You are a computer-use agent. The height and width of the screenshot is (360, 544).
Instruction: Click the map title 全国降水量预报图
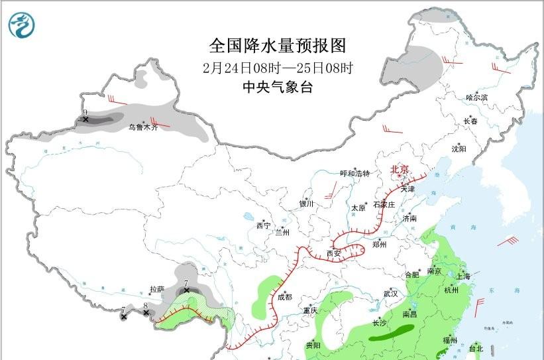pos(278,46)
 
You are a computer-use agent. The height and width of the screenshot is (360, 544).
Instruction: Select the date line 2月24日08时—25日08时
pos(278,68)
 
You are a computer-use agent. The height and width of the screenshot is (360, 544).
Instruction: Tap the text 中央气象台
pos(277,88)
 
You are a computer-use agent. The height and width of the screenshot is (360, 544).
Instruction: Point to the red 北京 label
pos(400,169)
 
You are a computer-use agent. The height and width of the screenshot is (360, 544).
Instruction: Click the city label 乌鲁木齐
pos(143,127)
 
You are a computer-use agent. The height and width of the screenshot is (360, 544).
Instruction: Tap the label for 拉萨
pos(156,290)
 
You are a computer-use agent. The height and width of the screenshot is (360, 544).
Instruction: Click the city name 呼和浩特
pos(354,173)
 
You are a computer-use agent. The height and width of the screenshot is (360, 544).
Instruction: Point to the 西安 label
pos(333,253)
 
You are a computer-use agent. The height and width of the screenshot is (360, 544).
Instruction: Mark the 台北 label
pos(476,348)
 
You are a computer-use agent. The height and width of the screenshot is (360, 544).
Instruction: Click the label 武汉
pos(390,293)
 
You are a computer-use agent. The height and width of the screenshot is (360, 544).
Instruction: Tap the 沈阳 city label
pos(459,149)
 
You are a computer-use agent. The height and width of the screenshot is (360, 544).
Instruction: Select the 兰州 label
pos(282,233)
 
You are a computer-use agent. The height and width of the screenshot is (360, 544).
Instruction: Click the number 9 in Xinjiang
pos(85,113)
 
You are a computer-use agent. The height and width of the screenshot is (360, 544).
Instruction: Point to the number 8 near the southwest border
pos(145,306)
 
